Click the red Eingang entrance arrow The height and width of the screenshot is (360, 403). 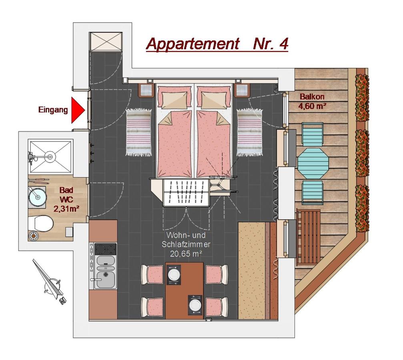click(77, 110)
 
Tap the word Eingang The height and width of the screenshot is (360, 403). click(53, 110)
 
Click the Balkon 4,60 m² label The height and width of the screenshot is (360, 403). click(312, 101)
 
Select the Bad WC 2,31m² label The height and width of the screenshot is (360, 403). click(66, 200)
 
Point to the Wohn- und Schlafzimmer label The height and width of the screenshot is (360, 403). click(186, 244)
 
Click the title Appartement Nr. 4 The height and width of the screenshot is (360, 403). click(217, 44)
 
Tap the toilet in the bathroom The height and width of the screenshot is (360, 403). click(40, 223)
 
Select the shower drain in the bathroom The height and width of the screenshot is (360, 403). click(50, 156)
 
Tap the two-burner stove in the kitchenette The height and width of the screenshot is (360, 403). click(105, 249)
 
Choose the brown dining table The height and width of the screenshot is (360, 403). click(184, 291)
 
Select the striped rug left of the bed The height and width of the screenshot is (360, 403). click(138, 132)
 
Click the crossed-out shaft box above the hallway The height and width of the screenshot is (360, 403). click(106, 42)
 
